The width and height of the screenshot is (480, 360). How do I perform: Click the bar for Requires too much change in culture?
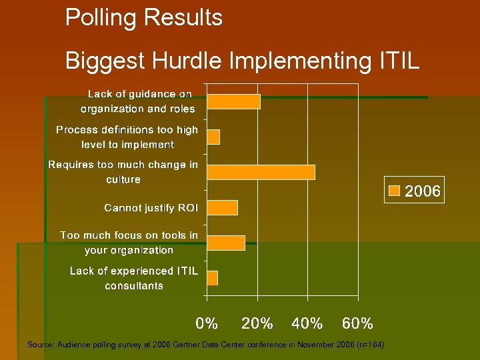(261, 172)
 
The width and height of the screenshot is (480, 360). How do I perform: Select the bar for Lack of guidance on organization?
(233, 101)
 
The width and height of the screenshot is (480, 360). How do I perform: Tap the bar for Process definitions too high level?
(213, 137)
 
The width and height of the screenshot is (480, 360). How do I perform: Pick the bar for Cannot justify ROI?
(222, 207)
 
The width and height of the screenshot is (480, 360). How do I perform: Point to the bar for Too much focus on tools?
(226, 243)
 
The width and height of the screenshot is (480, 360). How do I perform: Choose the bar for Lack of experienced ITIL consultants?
(213, 278)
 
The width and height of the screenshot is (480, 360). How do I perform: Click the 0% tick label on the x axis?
(207, 324)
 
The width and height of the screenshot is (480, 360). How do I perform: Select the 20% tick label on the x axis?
(257, 324)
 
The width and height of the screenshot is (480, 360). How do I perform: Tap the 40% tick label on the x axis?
(307, 324)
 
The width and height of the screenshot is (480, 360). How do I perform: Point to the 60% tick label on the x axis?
(357, 324)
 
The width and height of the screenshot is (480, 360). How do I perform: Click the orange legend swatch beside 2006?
(395, 191)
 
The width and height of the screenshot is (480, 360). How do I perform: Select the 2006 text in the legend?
(423, 192)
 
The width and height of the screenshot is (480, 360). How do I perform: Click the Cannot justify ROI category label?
(151, 208)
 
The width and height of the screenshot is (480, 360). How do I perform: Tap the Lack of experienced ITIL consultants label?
(134, 278)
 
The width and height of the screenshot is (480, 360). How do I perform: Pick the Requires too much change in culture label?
(123, 171)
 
